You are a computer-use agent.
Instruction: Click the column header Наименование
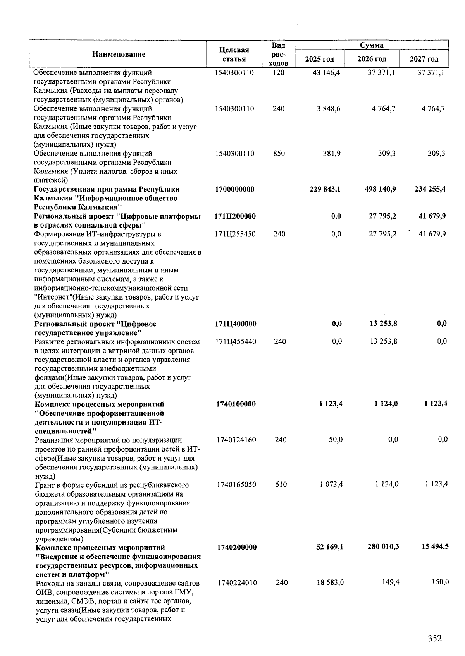pos(119,54)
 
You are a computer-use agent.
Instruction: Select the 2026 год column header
pos(372,59)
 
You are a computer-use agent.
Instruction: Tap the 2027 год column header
pos(424,59)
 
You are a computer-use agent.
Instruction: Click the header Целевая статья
pos(234,55)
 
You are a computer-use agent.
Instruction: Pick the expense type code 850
pos(279,154)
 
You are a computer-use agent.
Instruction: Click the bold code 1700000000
pos(234,189)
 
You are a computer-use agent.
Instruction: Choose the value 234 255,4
pos(430,189)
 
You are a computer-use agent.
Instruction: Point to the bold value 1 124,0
pos(386,404)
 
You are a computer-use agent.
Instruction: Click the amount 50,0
pos(336,440)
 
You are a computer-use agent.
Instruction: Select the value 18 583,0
pos(330,582)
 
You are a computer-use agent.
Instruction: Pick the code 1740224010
pos(237,582)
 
